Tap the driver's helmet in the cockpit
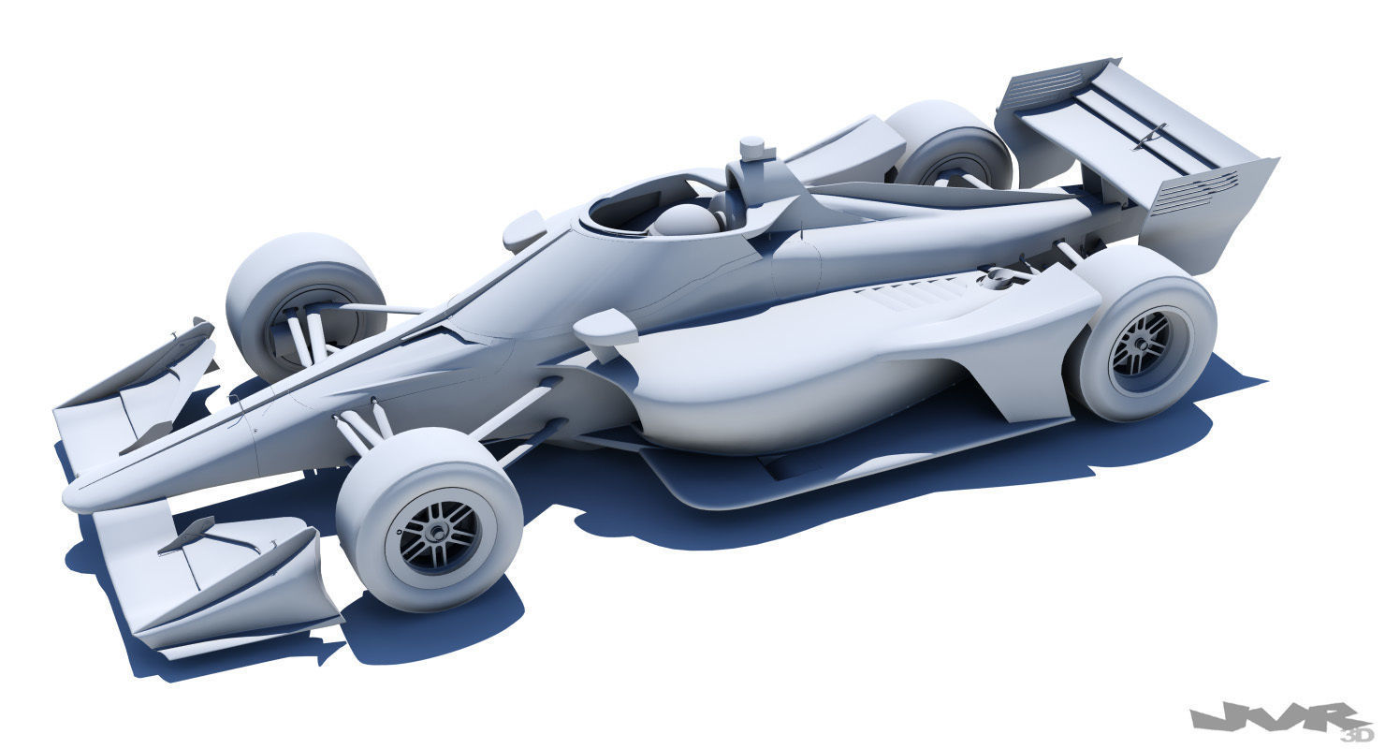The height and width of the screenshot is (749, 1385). tap(684, 221)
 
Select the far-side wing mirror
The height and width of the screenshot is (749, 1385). tap(524, 228)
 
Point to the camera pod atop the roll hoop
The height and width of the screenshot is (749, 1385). tap(752, 150)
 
